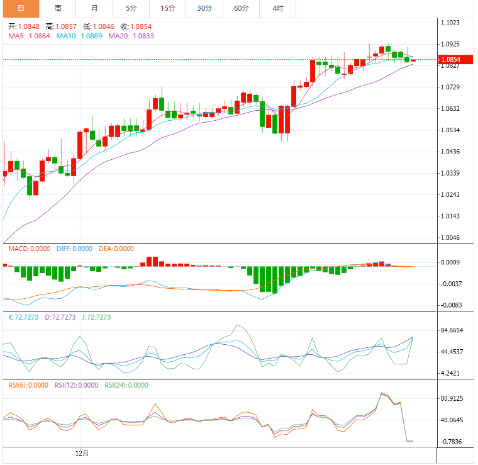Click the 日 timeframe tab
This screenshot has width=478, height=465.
21,8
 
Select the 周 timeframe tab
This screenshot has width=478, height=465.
58,8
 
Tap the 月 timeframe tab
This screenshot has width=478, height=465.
94,8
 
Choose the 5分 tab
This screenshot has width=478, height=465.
131,8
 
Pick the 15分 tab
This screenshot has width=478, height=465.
168,8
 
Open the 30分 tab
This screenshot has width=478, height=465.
204,8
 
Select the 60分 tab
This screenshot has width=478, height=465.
241,8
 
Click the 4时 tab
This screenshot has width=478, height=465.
277,8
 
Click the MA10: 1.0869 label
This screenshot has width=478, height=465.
79,36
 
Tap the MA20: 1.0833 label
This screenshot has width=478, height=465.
131,36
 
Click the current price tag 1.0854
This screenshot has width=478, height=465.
451,60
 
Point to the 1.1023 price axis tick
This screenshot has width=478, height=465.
451,23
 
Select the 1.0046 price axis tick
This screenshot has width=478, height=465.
451,238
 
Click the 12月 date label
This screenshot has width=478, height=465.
82,452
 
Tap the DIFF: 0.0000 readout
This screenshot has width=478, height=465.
74,249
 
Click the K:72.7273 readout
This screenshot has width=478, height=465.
24,317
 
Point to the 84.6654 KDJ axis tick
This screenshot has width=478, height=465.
452,330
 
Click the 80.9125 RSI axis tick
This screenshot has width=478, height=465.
452,399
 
